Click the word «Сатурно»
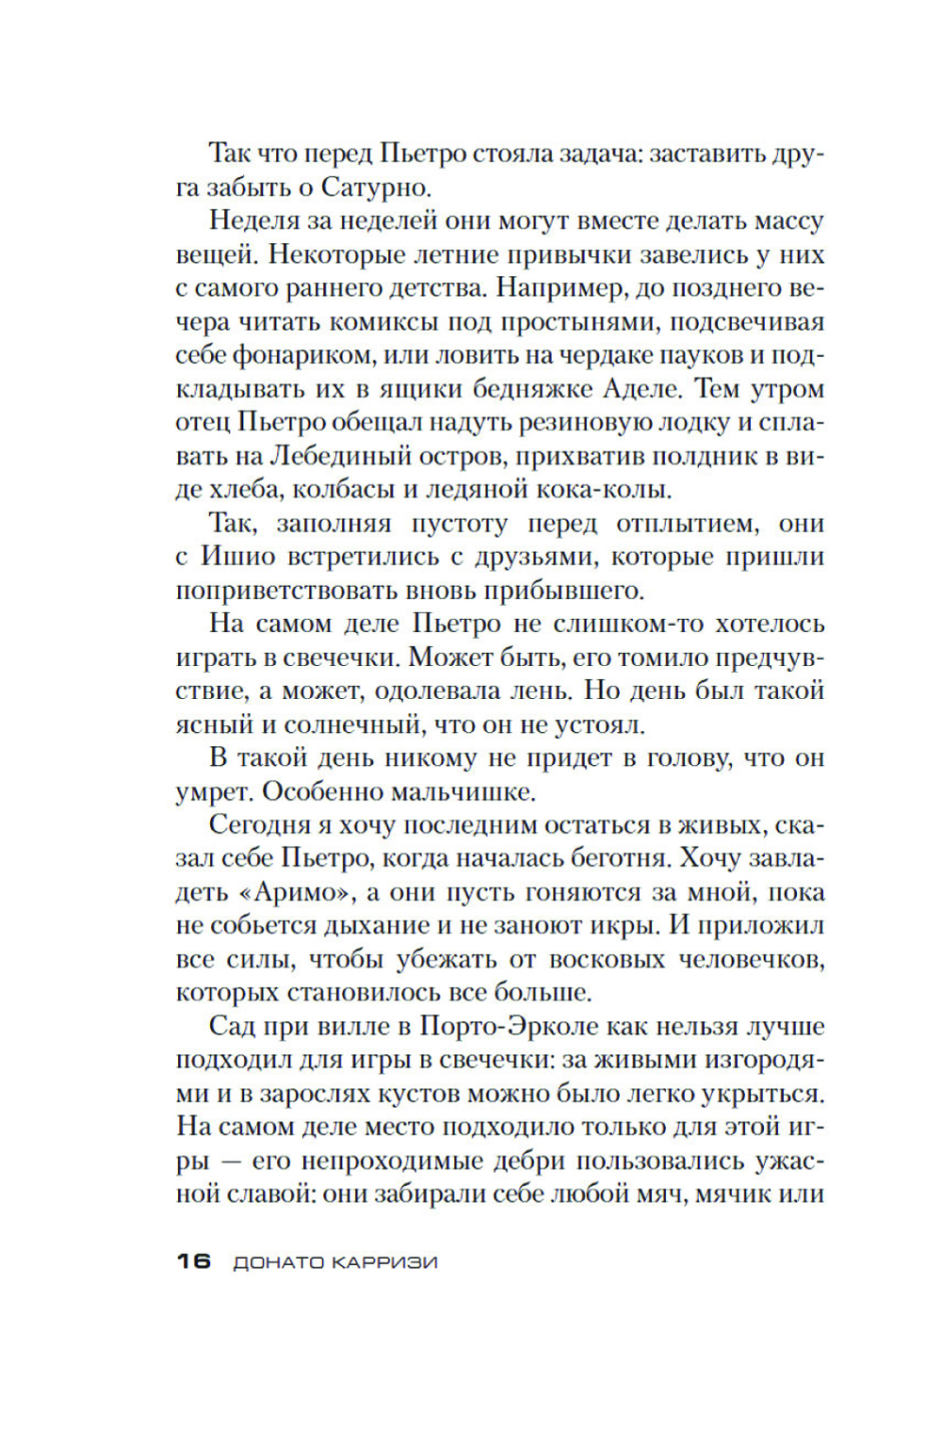coord(376,187)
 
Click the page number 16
coord(193,1261)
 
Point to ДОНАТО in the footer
coord(278,1262)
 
